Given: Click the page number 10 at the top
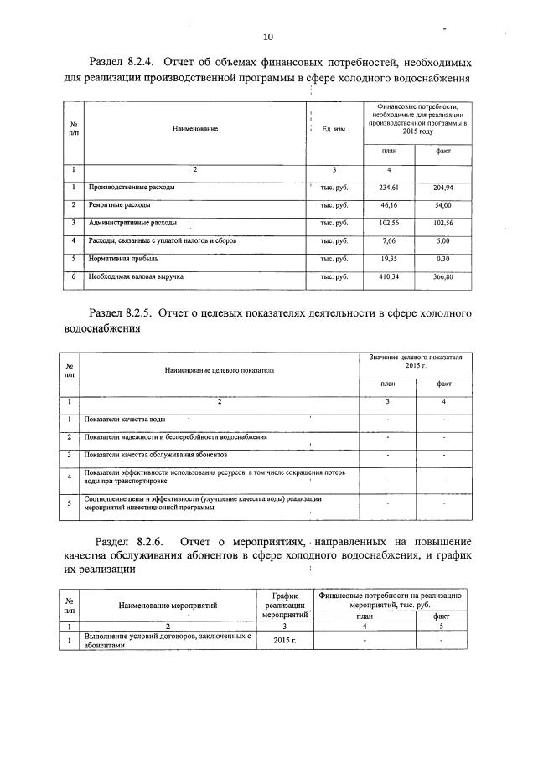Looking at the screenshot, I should coord(267,37).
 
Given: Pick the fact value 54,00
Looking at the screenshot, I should coord(442,204).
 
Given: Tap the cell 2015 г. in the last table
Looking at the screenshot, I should coord(284,640).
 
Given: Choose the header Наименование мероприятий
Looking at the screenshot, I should coord(168,603).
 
